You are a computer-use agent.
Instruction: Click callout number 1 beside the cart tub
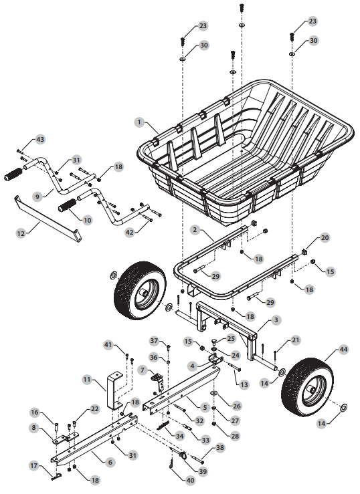coord(139,122)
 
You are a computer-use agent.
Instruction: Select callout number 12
coord(21,233)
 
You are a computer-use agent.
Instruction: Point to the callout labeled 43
coord(40,139)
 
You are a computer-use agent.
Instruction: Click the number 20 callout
coord(325,238)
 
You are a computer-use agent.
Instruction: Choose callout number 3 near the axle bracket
coord(276,321)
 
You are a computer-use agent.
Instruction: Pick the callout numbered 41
coord(108,344)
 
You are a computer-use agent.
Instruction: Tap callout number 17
coord(33,465)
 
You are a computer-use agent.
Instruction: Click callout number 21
coord(296,341)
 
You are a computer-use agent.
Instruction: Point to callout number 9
coord(37,196)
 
